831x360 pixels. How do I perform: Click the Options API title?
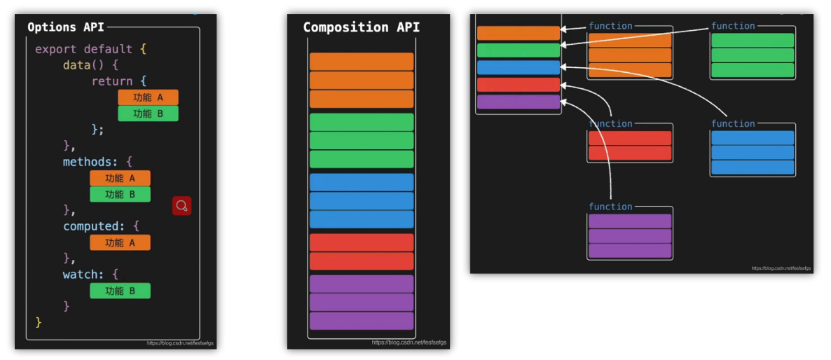point(65,27)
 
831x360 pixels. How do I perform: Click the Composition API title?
point(361,27)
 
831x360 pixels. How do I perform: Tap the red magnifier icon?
point(182,206)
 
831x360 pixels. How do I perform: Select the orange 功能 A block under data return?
point(148,97)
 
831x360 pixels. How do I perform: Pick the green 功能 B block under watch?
point(120,291)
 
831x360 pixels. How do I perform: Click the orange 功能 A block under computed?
point(120,242)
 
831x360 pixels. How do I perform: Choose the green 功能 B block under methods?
point(120,194)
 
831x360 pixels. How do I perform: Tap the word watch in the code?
point(79,275)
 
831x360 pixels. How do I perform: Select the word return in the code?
point(112,81)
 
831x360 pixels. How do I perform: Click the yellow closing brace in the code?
point(39,322)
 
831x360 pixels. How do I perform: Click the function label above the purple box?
point(610,207)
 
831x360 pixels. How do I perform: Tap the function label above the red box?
point(610,124)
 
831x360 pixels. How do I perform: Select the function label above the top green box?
point(733,26)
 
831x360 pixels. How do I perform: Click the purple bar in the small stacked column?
point(518,102)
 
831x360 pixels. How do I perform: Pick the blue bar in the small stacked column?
point(518,67)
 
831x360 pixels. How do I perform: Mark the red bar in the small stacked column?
point(518,85)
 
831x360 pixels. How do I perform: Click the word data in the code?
point(76,65)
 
